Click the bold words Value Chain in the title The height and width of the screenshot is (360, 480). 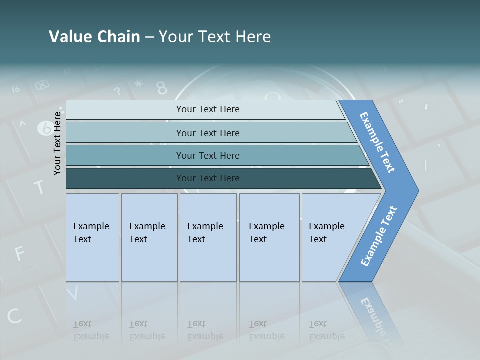coord(94,37)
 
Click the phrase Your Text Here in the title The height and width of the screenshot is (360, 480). coord(215,37)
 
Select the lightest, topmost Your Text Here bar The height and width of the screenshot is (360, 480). coord(207,109)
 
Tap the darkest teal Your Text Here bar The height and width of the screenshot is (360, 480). coord(207,178)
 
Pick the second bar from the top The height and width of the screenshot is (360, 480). coord(207,133)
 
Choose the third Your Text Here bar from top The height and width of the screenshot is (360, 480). coord(207,155)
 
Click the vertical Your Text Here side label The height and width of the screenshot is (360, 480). coord(57,143)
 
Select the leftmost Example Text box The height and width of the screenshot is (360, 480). coord(92,237)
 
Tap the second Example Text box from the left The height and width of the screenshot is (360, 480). coord(149,237)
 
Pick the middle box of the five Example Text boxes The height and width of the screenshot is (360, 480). coord(208,237)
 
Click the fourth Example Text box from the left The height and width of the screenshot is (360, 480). coord(269,237)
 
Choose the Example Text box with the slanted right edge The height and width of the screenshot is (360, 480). coord(330,237)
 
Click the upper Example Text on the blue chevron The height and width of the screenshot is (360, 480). coord(377,142)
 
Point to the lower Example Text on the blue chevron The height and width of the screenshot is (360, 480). coord(379,236)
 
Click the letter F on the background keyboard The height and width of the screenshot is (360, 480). coord(19,253)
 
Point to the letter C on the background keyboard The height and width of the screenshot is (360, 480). coord(14,316)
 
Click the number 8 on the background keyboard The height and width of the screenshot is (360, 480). coord(162,88)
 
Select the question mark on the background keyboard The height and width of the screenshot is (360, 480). coord(117,91)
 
